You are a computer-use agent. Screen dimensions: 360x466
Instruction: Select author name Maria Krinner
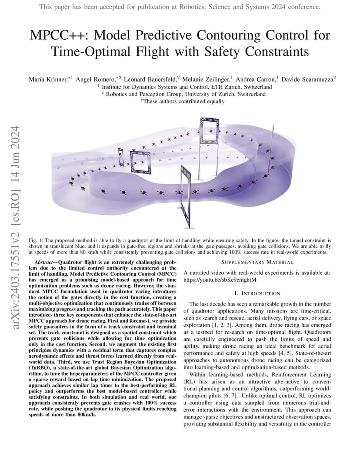pos(48,80)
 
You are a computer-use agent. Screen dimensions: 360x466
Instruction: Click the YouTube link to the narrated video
pos(220,280)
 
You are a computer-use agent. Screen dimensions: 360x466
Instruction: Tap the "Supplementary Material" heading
pos(257,262)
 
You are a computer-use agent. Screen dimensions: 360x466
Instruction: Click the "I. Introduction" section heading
pos(257,293)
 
